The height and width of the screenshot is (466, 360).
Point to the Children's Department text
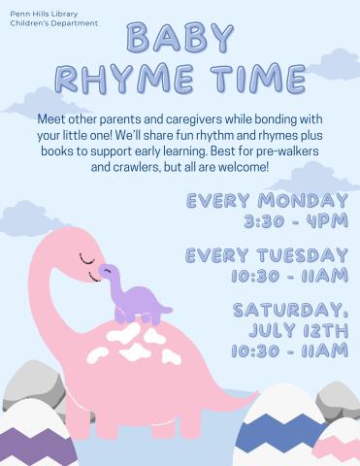coord(54,22)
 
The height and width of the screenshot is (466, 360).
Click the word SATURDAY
coord(289,310)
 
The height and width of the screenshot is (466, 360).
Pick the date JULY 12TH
coord(298,330)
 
